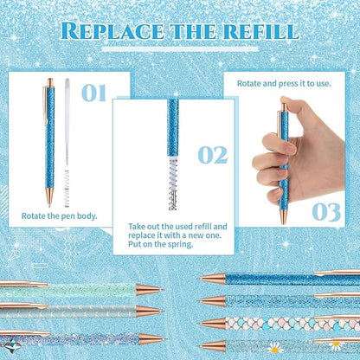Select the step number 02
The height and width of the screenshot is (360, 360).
(x=212, y=155)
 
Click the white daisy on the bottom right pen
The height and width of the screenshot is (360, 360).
(x=337, y=344)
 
